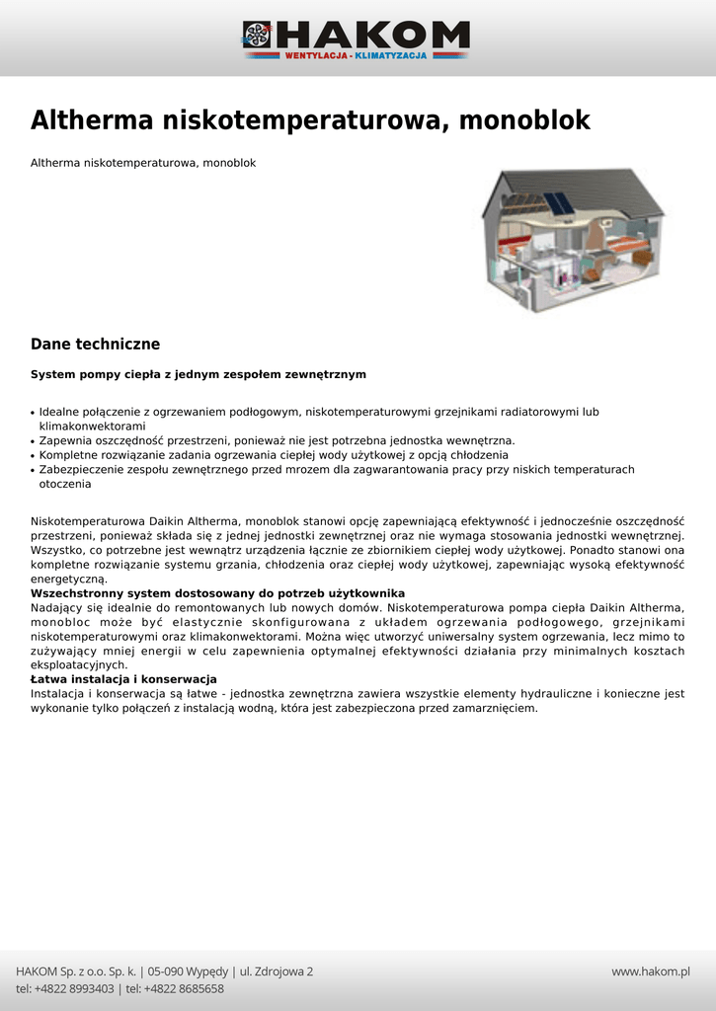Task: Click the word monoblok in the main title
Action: [x=525, y=120]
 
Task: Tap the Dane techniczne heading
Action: [x=95, y=345]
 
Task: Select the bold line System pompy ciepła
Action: [x=199, y=375]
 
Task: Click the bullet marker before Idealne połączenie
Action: [x=33, y=413]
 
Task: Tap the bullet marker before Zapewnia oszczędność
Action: [x=33, y=441]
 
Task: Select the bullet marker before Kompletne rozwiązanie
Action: [x=33, y=456]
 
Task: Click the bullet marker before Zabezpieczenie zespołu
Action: [x=33, y=471]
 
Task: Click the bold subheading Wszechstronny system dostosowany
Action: [x=218, y=593]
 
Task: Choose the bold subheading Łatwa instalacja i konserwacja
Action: [x=123, y=679]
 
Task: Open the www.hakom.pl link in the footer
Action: [x=650, y=972]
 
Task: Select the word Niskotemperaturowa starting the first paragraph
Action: [x=88, y=520]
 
